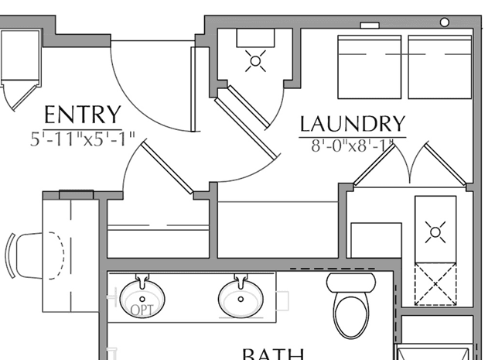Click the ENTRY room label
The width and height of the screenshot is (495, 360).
coord(82,115)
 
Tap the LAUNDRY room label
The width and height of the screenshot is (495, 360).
coord(352,123)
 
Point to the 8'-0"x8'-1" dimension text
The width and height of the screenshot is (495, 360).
coord(352,145)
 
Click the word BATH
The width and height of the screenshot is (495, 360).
coord(272,354)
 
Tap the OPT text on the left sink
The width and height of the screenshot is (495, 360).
coord(142,310)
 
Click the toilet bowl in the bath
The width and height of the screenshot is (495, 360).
coord(350,314)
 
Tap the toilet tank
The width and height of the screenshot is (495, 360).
coord(350,282)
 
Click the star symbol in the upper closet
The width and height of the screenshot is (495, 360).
coord(255,61)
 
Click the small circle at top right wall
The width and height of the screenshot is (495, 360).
coord(445,22)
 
